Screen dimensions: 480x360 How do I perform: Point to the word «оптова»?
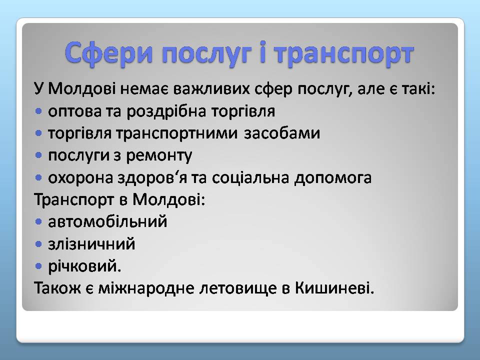tap(74, 111)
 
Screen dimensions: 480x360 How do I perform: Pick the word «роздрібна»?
tap(166, 111)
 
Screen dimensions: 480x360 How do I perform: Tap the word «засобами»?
tap(282, 133)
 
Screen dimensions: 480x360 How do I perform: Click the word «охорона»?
tap(80, 178)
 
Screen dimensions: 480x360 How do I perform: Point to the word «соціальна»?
tap(250, 178)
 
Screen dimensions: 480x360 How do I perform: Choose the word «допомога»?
tap(333, 178)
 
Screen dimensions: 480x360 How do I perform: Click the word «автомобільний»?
tap(107, 221)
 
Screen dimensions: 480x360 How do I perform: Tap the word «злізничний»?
tap(91, 244)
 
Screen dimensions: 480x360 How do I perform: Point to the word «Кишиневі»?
tap(334, 288)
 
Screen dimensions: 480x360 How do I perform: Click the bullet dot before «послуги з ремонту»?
tap(38, 155)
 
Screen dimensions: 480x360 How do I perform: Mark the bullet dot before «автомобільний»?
tap(38, 221)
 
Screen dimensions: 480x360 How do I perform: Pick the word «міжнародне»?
tap(146, 288)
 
